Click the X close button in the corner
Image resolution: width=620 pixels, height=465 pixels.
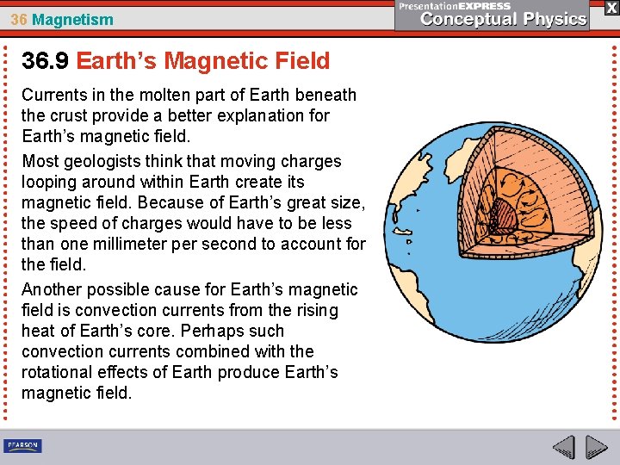(x=611, y=8)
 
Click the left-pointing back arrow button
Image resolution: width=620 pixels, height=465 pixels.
(x=563, y=447)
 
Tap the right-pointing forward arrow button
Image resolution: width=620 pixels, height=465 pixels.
(x=596, y=447)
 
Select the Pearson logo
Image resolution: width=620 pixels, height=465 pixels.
(x=22, y=445)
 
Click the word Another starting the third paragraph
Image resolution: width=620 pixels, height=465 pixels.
(x=50, y=289)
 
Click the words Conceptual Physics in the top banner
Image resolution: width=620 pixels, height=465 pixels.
(x=504, y=20)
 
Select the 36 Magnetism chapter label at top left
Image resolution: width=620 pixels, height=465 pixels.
(x=61, y=19)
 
